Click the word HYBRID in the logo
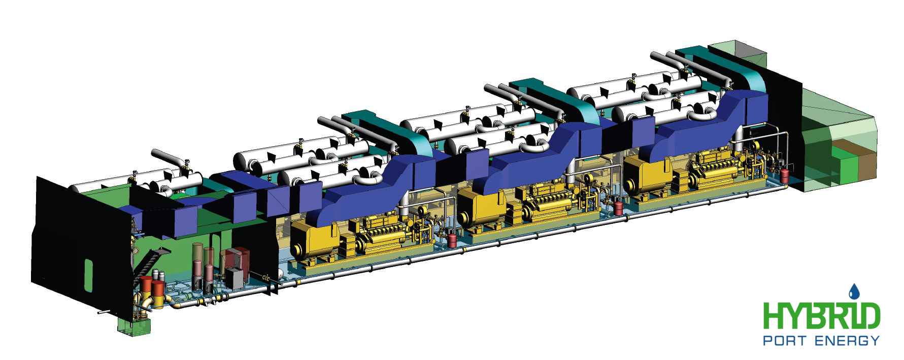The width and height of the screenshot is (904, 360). click(822, 317)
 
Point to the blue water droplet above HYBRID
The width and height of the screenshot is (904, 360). click(854, 291)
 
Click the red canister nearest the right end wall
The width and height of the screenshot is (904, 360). click(785, 175)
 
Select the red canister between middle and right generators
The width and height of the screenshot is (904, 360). click(618, 207)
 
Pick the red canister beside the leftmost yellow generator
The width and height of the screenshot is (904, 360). click(452, 240)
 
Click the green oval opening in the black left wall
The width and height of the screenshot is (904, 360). click(89, 273)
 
